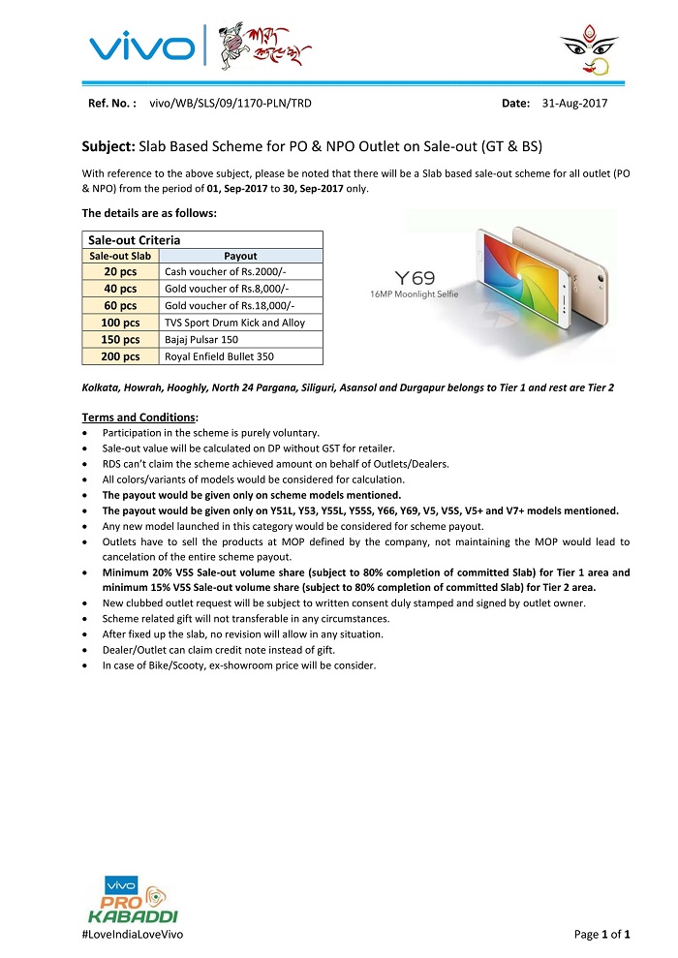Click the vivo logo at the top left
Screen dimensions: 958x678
point(141,46)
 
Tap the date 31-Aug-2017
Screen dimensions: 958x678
point(575,103)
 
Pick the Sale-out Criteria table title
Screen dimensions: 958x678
point(135,238)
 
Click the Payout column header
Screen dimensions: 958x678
point(240,257)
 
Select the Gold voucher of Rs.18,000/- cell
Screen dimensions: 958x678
point(230,306)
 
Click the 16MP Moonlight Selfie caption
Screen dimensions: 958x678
point(415,293)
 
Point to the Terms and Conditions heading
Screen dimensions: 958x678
point(139,417)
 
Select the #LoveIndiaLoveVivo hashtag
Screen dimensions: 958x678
point(133,934)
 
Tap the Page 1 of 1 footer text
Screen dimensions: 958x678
point(602,934)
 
